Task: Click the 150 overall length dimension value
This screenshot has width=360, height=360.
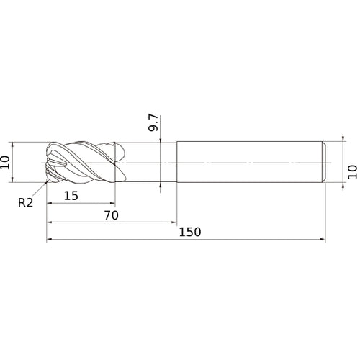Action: [x=190, y=232]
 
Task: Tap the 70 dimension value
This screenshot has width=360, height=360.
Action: [x=112, y=215]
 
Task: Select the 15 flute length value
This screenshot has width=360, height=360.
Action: [x=71, y=196]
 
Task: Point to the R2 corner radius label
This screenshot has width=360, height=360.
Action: [x=25, y=203]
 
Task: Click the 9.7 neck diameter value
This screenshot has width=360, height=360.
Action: [x=153, y=122]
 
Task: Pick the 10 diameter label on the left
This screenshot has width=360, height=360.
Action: [x=5, y=163]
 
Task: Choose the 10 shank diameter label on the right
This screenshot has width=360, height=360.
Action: [x=353, y=171]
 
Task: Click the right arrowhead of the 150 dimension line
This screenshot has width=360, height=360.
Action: [x=323, y=239]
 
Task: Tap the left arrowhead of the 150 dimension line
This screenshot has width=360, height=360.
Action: [x=49, y=239]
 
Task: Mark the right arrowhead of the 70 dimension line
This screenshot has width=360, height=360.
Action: [x=174, y=222]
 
